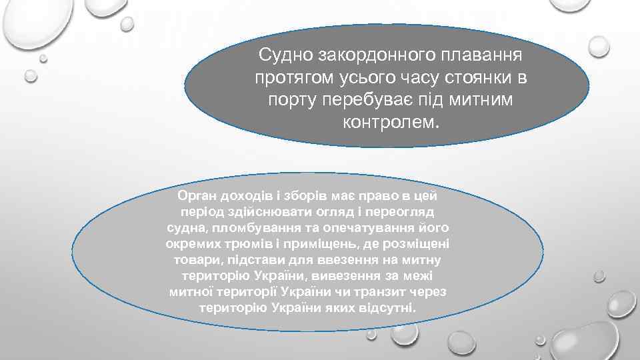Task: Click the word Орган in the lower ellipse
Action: click(197, 195)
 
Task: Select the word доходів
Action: click(250, 195)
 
